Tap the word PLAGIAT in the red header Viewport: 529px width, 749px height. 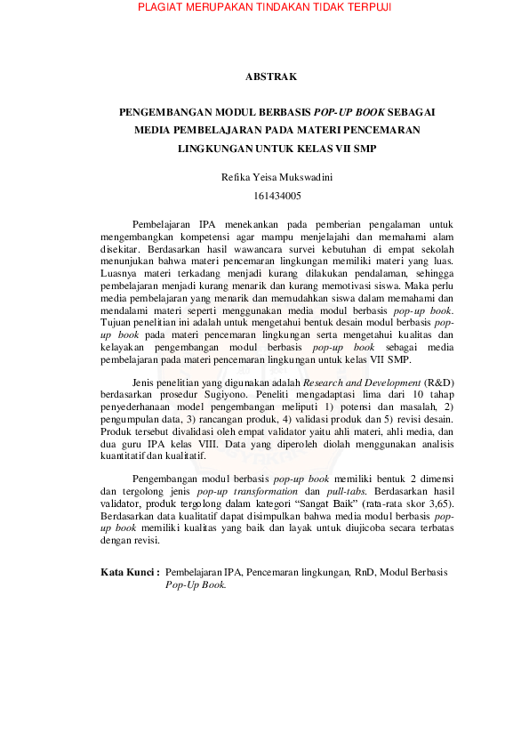point(164,8)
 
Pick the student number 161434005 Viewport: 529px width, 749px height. point(265,195)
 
